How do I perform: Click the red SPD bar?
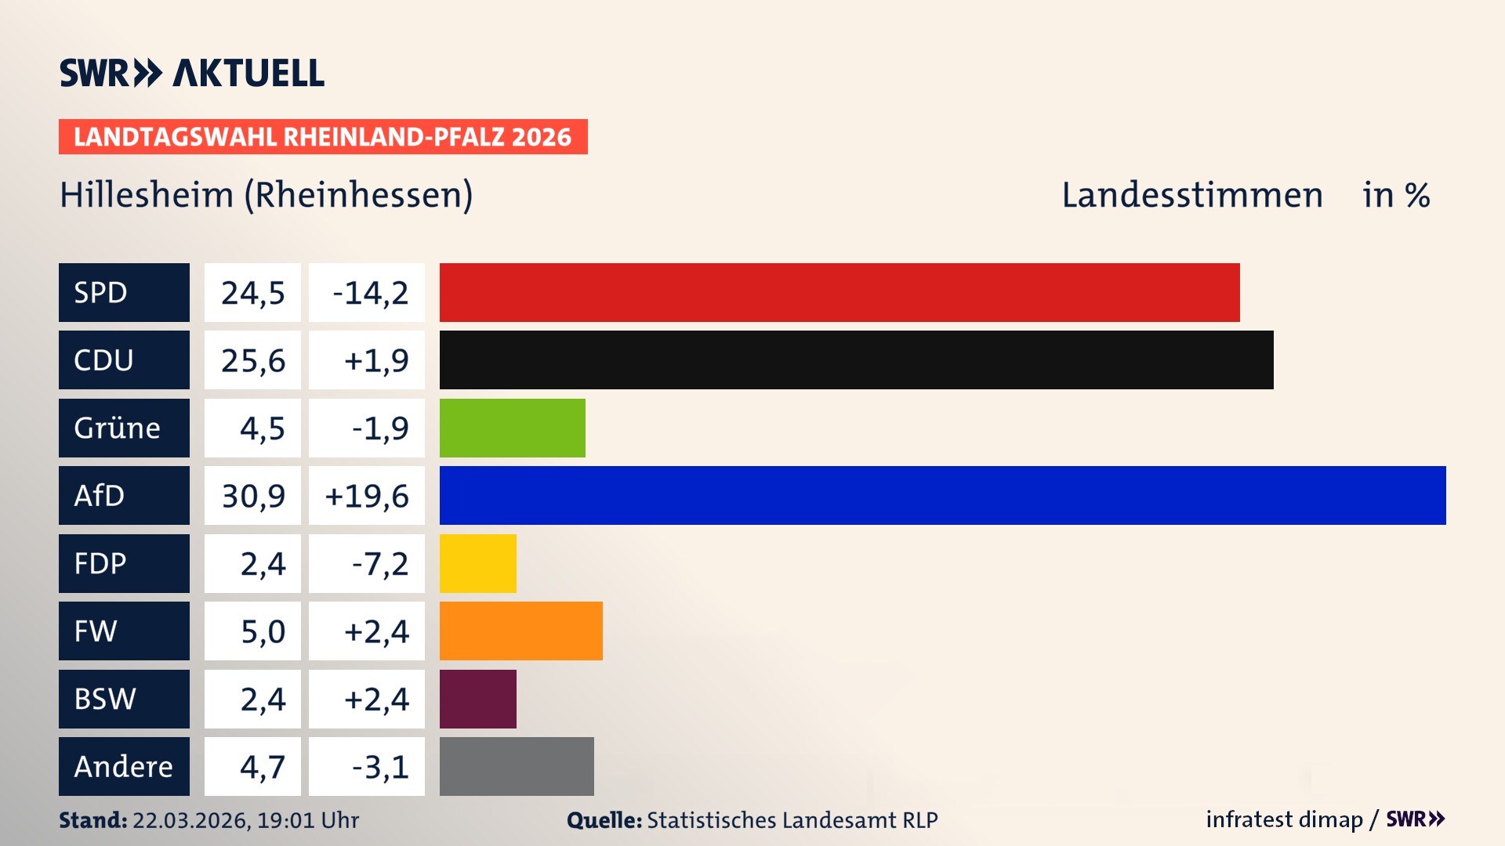click(839, 292)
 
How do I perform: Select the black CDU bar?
click(856, 360)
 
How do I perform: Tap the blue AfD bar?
click(942, 495)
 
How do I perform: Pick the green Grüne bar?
click(512, 428)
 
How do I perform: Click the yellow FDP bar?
click(477, 563)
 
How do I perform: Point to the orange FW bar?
click(520, 631)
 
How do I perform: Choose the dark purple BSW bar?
click(477, 699)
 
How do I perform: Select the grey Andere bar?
click(517, 766)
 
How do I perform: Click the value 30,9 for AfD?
click(253, 496)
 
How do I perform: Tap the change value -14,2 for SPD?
click(369, 293)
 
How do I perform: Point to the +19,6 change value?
click(367, 496)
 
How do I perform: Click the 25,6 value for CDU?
click(253, 360)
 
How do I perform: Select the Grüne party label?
click(118, 428)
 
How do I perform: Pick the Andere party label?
click(123, 766)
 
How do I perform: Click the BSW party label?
click(105, 699)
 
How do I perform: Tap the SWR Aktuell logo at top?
click(191, 73)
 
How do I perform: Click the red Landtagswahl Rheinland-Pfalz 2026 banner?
click(322, 137)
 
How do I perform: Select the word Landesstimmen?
click(1191, 195)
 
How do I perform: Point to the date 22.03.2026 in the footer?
click(190, 820)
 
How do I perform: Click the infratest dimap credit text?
click(1284, 819)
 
